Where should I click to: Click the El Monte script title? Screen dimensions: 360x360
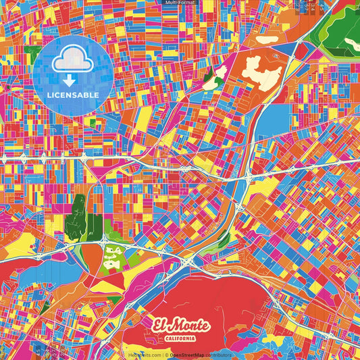coord(180,322)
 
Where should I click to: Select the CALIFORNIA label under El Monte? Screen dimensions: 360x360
coord(180,337)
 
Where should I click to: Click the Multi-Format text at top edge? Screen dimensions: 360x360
coord(180,3)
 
